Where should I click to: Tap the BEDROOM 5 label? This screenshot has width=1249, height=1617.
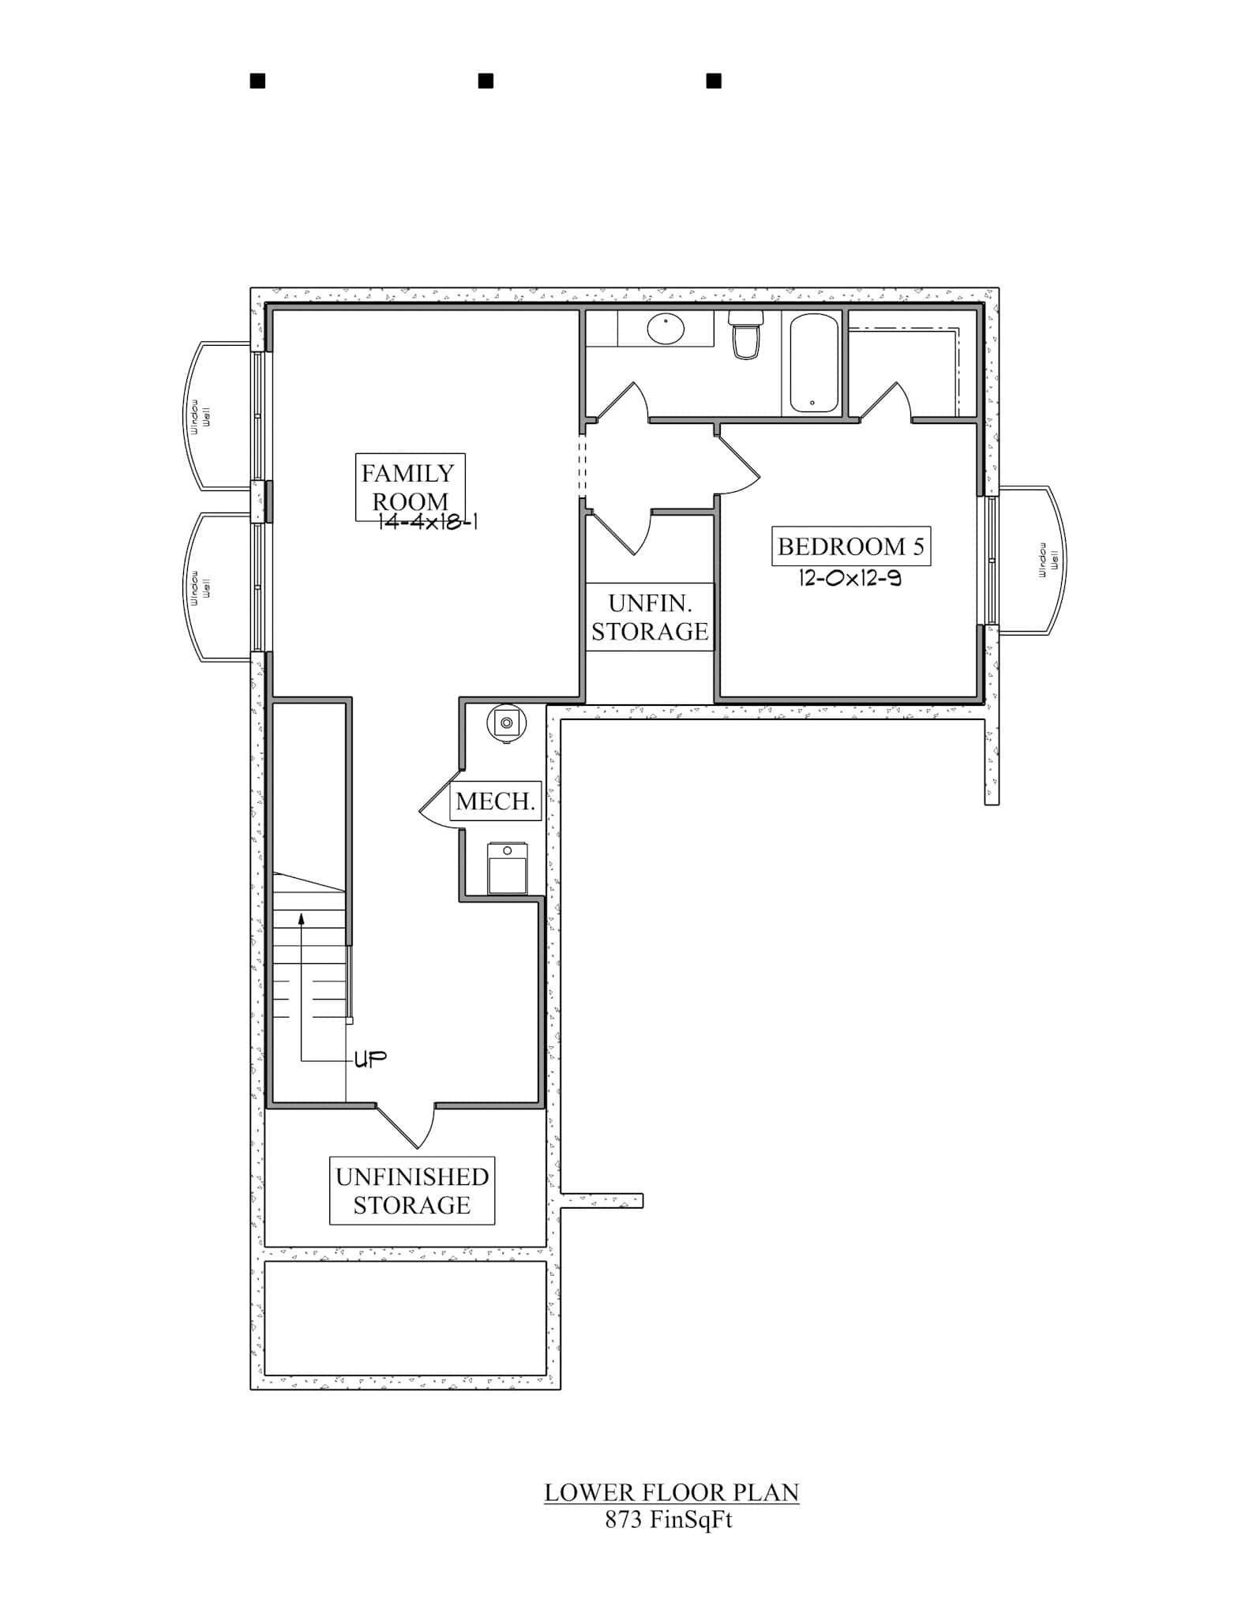850,546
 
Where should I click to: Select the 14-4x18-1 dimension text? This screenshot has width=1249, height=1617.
427,522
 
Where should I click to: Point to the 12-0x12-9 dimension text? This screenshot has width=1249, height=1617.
850,579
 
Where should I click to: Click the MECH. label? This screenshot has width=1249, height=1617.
496,801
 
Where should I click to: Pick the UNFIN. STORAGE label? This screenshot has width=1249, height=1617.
650,617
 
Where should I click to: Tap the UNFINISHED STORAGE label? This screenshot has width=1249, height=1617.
411,1191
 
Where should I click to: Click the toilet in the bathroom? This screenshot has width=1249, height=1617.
746,335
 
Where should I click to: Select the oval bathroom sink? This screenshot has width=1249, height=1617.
666,329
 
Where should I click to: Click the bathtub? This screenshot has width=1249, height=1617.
813,363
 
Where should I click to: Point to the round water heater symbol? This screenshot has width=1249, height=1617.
506,723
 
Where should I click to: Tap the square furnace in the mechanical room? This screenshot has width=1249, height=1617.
507,868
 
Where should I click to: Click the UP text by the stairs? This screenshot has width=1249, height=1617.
369,1060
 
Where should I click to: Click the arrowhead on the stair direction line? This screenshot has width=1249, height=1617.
301,917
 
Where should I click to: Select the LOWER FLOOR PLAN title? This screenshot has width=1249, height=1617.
671,1492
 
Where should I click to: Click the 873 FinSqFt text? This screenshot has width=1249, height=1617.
669,1520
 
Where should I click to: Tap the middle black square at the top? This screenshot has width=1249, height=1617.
486,81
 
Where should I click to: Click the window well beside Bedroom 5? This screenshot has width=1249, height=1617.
1032,560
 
